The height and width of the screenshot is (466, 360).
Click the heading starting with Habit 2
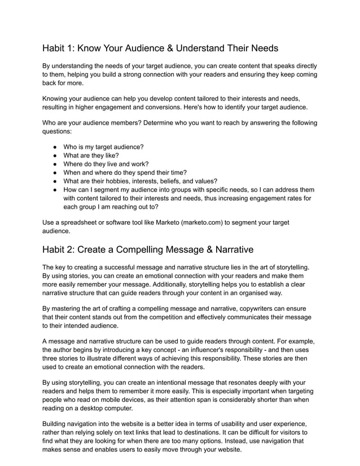click(148, 249)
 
